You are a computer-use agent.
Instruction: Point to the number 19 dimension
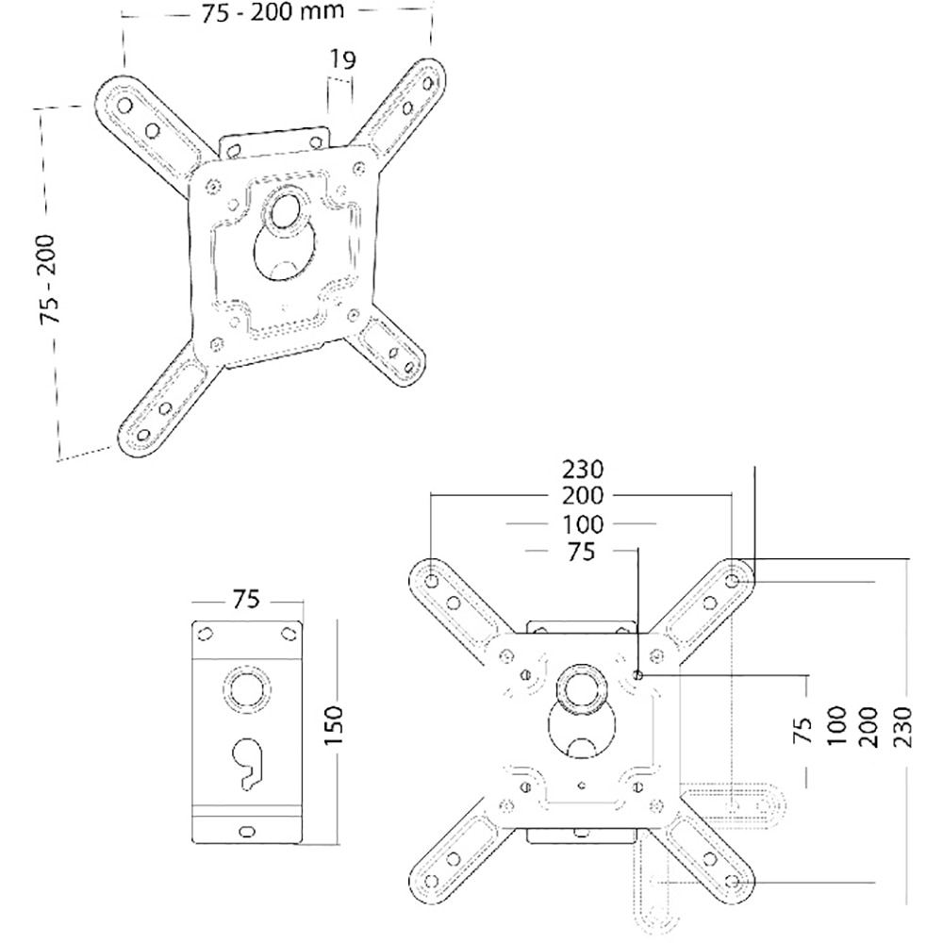click(x=341, y=61)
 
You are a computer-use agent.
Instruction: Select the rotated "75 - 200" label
click(x=51, y=280)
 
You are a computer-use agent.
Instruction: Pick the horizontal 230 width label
click(x=582, y=469)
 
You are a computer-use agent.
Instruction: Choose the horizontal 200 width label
click(x=582, y=495)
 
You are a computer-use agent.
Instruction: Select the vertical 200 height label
click(x=872, y=722)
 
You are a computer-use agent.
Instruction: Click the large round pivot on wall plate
click(x=246, y=688)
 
